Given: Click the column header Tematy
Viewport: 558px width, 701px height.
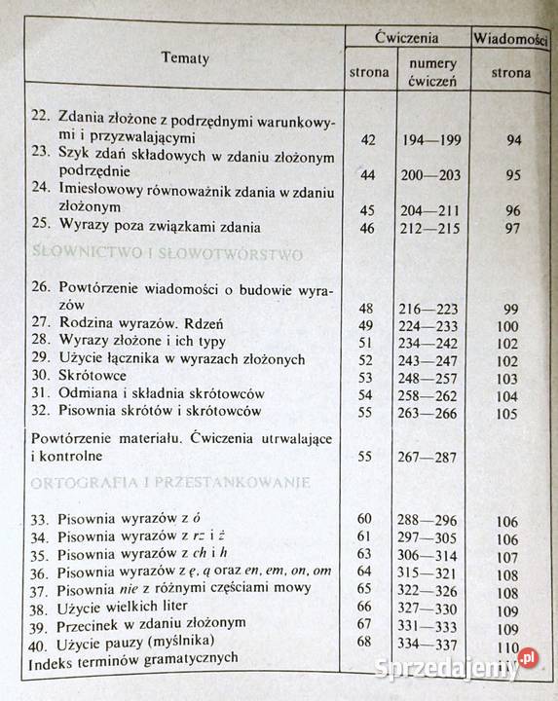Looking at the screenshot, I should coord(185,58).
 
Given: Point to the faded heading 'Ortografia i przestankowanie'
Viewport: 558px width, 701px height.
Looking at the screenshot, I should coord(171,482).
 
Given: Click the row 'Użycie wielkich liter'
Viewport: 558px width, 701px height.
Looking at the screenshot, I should coord(124,605).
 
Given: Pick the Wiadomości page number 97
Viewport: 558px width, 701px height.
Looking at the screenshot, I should coord(513,227).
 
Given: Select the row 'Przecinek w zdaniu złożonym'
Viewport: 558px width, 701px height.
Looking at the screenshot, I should coord(151,622).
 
